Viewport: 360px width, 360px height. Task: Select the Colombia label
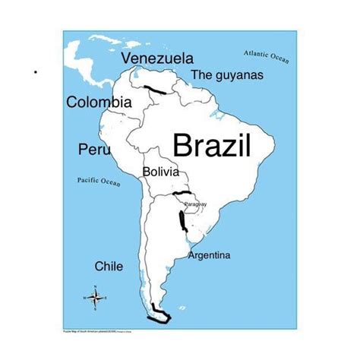(99, 102)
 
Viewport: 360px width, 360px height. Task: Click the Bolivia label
(161, 172)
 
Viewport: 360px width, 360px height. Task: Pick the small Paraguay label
(195, 204)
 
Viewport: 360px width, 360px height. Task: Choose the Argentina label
(209, 255)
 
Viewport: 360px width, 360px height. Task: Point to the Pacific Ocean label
(99, 181)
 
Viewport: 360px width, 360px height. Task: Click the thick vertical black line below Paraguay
(182, 220)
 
